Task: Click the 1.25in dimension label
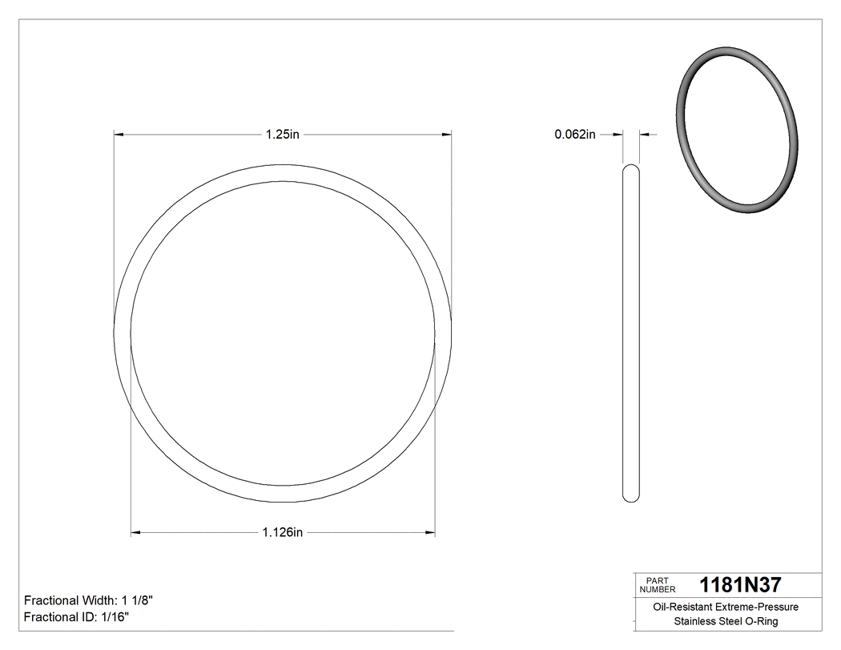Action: pos(282,135)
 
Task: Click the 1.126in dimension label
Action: pos(282,531)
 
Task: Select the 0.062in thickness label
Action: pos(575,135)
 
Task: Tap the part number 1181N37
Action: pos(740,585)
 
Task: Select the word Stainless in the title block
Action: pos(694,622)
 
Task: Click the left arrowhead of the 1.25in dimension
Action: pos(119,135)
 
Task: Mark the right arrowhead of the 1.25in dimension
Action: pos(447,135)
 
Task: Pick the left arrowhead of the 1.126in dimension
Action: pos(135,531)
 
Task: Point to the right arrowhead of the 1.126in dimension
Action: pos(430,531)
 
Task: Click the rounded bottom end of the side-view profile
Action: pos(631,498)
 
